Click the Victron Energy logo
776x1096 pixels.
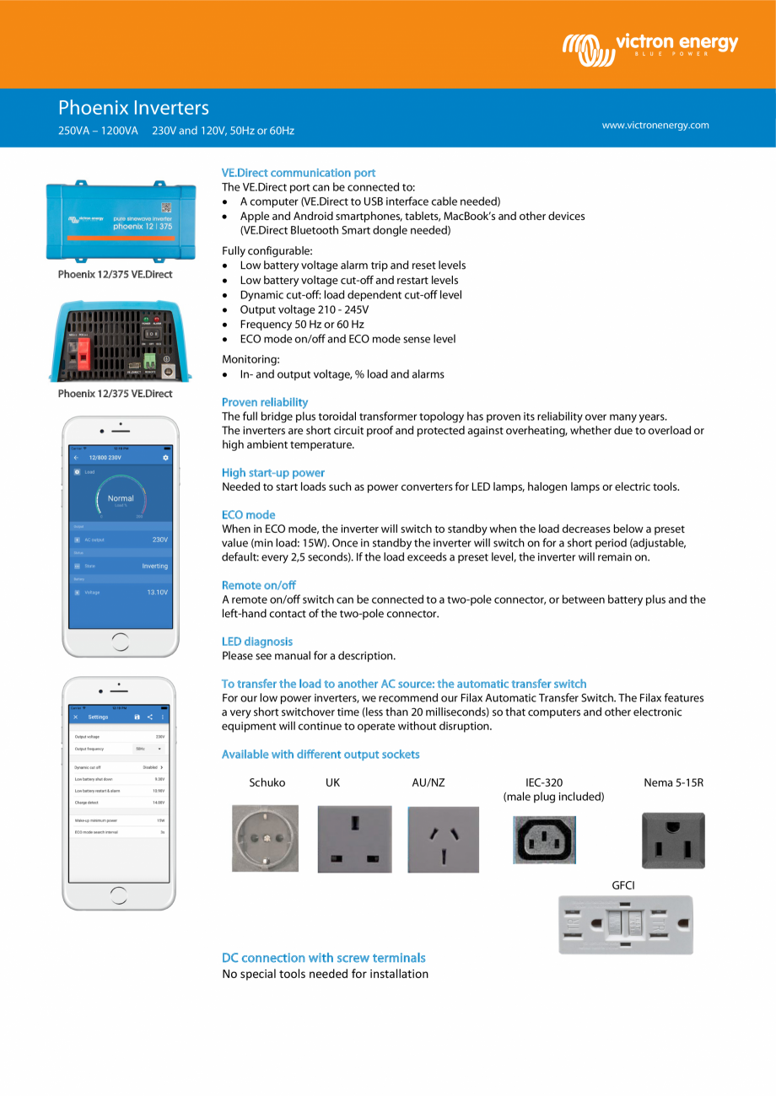pyautogui.click(x=649, y=47)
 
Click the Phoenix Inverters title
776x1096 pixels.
pyautogui.click(x=133, y=108)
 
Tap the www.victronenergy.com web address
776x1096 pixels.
pyautogui.click(x=655, y=126)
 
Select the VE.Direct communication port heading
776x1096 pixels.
pyautogui.click(x=299, y=173)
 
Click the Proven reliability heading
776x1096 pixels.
pyautogui.click(x=265, y=402)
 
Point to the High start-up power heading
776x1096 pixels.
pyautogui.click(x=273, y=473)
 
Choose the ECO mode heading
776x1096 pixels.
pyautogui.click(x=249, y=515)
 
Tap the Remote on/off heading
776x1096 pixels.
pyautogui.click(x=259, y=585)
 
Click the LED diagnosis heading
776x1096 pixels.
pyautogui.click(x=257, y=642)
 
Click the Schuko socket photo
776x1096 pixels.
pyautogui.click(x=265, y=838)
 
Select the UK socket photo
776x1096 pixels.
pyautogui.click(x=354, y=839)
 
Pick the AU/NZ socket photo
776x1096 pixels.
pyautogui.click(x=444, y=840)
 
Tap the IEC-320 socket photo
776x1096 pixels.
pyautogui.click(x=544, y=840)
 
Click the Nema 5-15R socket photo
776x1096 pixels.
pyautogui.click(x=673, y=840)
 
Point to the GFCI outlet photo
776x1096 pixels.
pyautogui.click(x=625, y=925)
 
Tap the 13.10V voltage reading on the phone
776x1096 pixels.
pyautogui.click(x=157, y=593)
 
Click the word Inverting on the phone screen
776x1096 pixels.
pyautogui.click(x=155, y=567)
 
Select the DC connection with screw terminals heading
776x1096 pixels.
pyautogui.click(x=323, y=958)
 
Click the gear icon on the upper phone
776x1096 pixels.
pyautogui.click(x=165, y=457)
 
